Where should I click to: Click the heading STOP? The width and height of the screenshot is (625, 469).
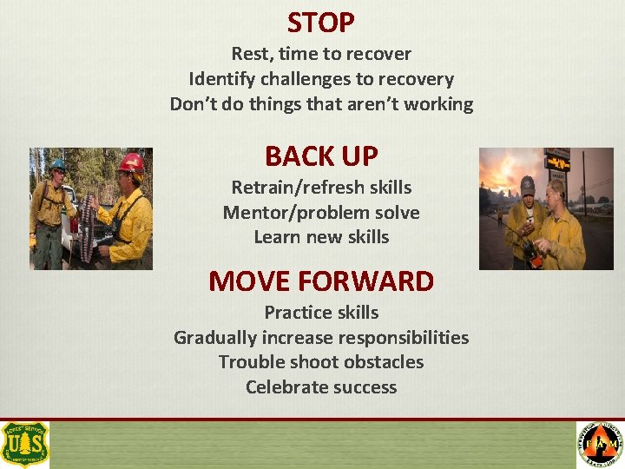point(321,22)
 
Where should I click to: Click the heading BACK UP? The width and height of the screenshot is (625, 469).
point(321,156)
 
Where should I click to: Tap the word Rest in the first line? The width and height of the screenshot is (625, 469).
point(248,54)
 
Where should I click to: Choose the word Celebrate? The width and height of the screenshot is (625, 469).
point(284,387)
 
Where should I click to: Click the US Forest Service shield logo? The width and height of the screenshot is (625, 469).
point(25,445)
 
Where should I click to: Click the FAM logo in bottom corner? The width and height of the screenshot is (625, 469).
point(600,445)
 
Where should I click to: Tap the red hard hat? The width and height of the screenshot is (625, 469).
point(131,162)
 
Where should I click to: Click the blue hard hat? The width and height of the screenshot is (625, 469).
point(58,163)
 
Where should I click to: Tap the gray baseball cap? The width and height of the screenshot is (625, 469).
point(527,184)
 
